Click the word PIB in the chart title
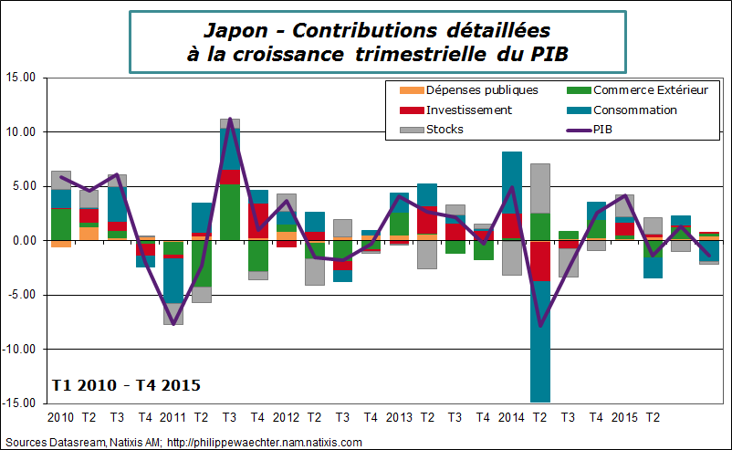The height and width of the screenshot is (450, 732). tap(549, 53)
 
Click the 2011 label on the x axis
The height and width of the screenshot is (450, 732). tap(173, 417)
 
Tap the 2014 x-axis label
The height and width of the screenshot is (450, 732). tap(512, 417)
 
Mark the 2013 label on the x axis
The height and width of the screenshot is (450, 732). tap(399, 417)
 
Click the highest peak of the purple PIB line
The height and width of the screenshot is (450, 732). tap(230, 119)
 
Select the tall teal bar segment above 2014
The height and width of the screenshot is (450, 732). tap(512, 183)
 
